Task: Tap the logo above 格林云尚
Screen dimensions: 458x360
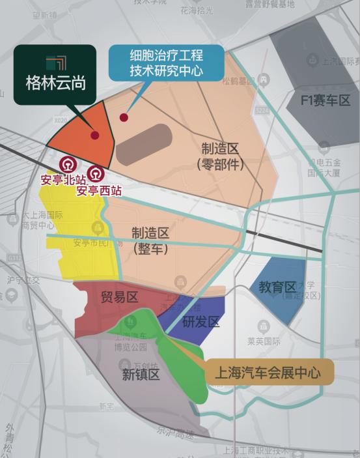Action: pyautogui.click(x=55, y=63)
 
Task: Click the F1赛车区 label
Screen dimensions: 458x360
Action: pyautogui.click(x=326, y=100)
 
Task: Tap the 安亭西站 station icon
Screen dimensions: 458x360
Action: pyautogui.click(x=96, y=175)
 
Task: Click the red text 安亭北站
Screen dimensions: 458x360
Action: pyautogui.click(x=63, y=180)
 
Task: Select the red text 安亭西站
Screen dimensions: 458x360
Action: pyautogui.click(x=99, y=191)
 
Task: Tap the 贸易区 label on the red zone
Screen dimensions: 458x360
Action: pyautogui.click(x=119, y=297)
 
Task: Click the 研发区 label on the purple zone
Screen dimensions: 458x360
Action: pyautogui.click(x=201, y=322)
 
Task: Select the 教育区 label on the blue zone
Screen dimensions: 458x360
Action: pyautogui.click(x=277, y=287)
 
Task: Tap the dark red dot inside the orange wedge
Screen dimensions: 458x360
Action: pyautogui.click(x=96, y=136)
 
